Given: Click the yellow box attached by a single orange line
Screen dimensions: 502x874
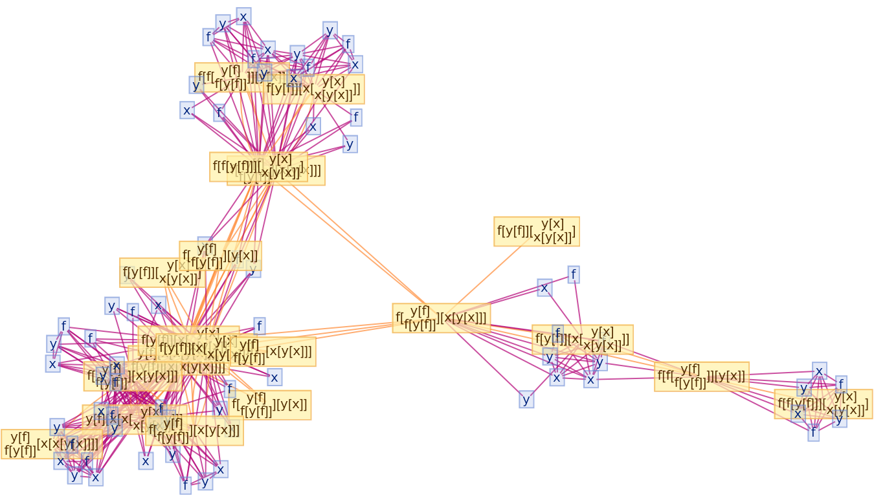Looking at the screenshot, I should tap(536, 232).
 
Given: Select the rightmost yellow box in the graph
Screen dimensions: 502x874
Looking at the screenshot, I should tap(823, 404).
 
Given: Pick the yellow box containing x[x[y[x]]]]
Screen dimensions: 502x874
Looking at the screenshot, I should tap(51, 444).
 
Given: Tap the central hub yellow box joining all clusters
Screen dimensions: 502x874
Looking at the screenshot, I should tap(441, 318).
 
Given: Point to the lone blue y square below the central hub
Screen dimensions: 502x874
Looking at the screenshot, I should tap(526, 400).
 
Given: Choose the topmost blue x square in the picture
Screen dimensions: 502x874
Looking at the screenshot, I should tap(243, 16).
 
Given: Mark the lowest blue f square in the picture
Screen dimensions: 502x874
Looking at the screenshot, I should tap(185, 485).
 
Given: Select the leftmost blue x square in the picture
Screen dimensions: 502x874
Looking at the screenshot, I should tap(52, 364).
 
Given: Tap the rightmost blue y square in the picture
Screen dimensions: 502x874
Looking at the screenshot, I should tap(840, 419).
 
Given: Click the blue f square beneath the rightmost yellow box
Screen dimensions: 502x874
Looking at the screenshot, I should tap(813, 433).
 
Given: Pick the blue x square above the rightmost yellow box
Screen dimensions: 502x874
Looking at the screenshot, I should tap(819, 371).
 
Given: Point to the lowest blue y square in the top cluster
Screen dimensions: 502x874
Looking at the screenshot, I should tap(350, 144).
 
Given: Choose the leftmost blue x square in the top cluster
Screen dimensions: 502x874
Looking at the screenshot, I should tap(187, 111).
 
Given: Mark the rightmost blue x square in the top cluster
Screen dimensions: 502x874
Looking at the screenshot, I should tap(354, 64).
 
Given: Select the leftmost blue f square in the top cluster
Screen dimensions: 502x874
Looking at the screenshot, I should tap(208, 37).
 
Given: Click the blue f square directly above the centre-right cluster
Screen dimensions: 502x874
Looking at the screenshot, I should tap(573, 275).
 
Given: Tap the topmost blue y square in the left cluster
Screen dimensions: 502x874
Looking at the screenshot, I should tap(112, 306).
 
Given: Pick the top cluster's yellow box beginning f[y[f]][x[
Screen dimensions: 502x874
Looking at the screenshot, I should tap(313, 89).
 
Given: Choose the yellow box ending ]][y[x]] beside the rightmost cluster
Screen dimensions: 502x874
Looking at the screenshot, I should tap(701, 376).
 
